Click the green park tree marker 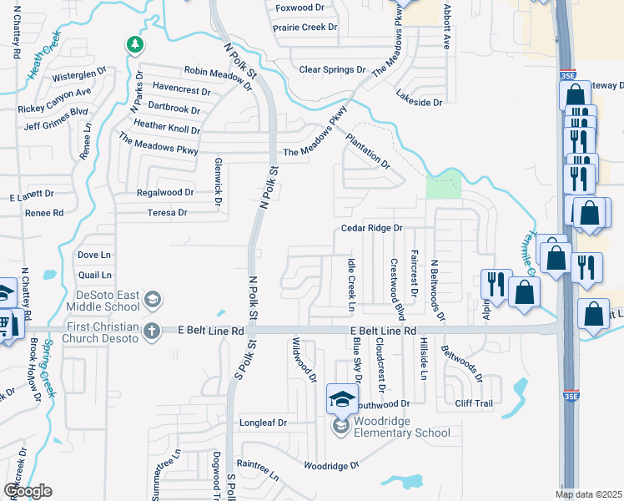[x=133, y=44]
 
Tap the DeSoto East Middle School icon [x=152, y=299]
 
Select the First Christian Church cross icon [x=152, y=331]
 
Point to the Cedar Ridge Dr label [x=371, y=228]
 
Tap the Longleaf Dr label [x=263, y=423]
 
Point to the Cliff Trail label [x=473, y=403]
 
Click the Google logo [x=28, y=491]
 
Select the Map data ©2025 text [x=588, y=494]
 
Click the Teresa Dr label [x=167, y=213]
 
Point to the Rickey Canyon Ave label [x=53, y=109]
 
